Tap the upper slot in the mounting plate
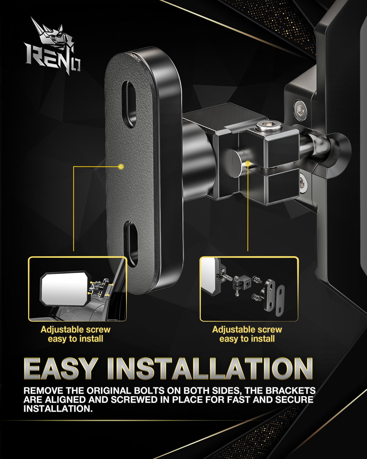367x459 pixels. pyautogui.click(x=129, y=104)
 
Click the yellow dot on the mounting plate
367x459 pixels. pyautogui.click(x=121, y=167)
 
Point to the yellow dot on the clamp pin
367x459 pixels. pyautogui.click(x=248, y=163)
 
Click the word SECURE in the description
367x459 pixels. pyautogui.click(x=294, y=400)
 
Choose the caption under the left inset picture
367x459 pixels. pyautogui.click(x=75, y=334)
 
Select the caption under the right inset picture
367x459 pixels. pyautogui.click(x=247, y=334)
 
